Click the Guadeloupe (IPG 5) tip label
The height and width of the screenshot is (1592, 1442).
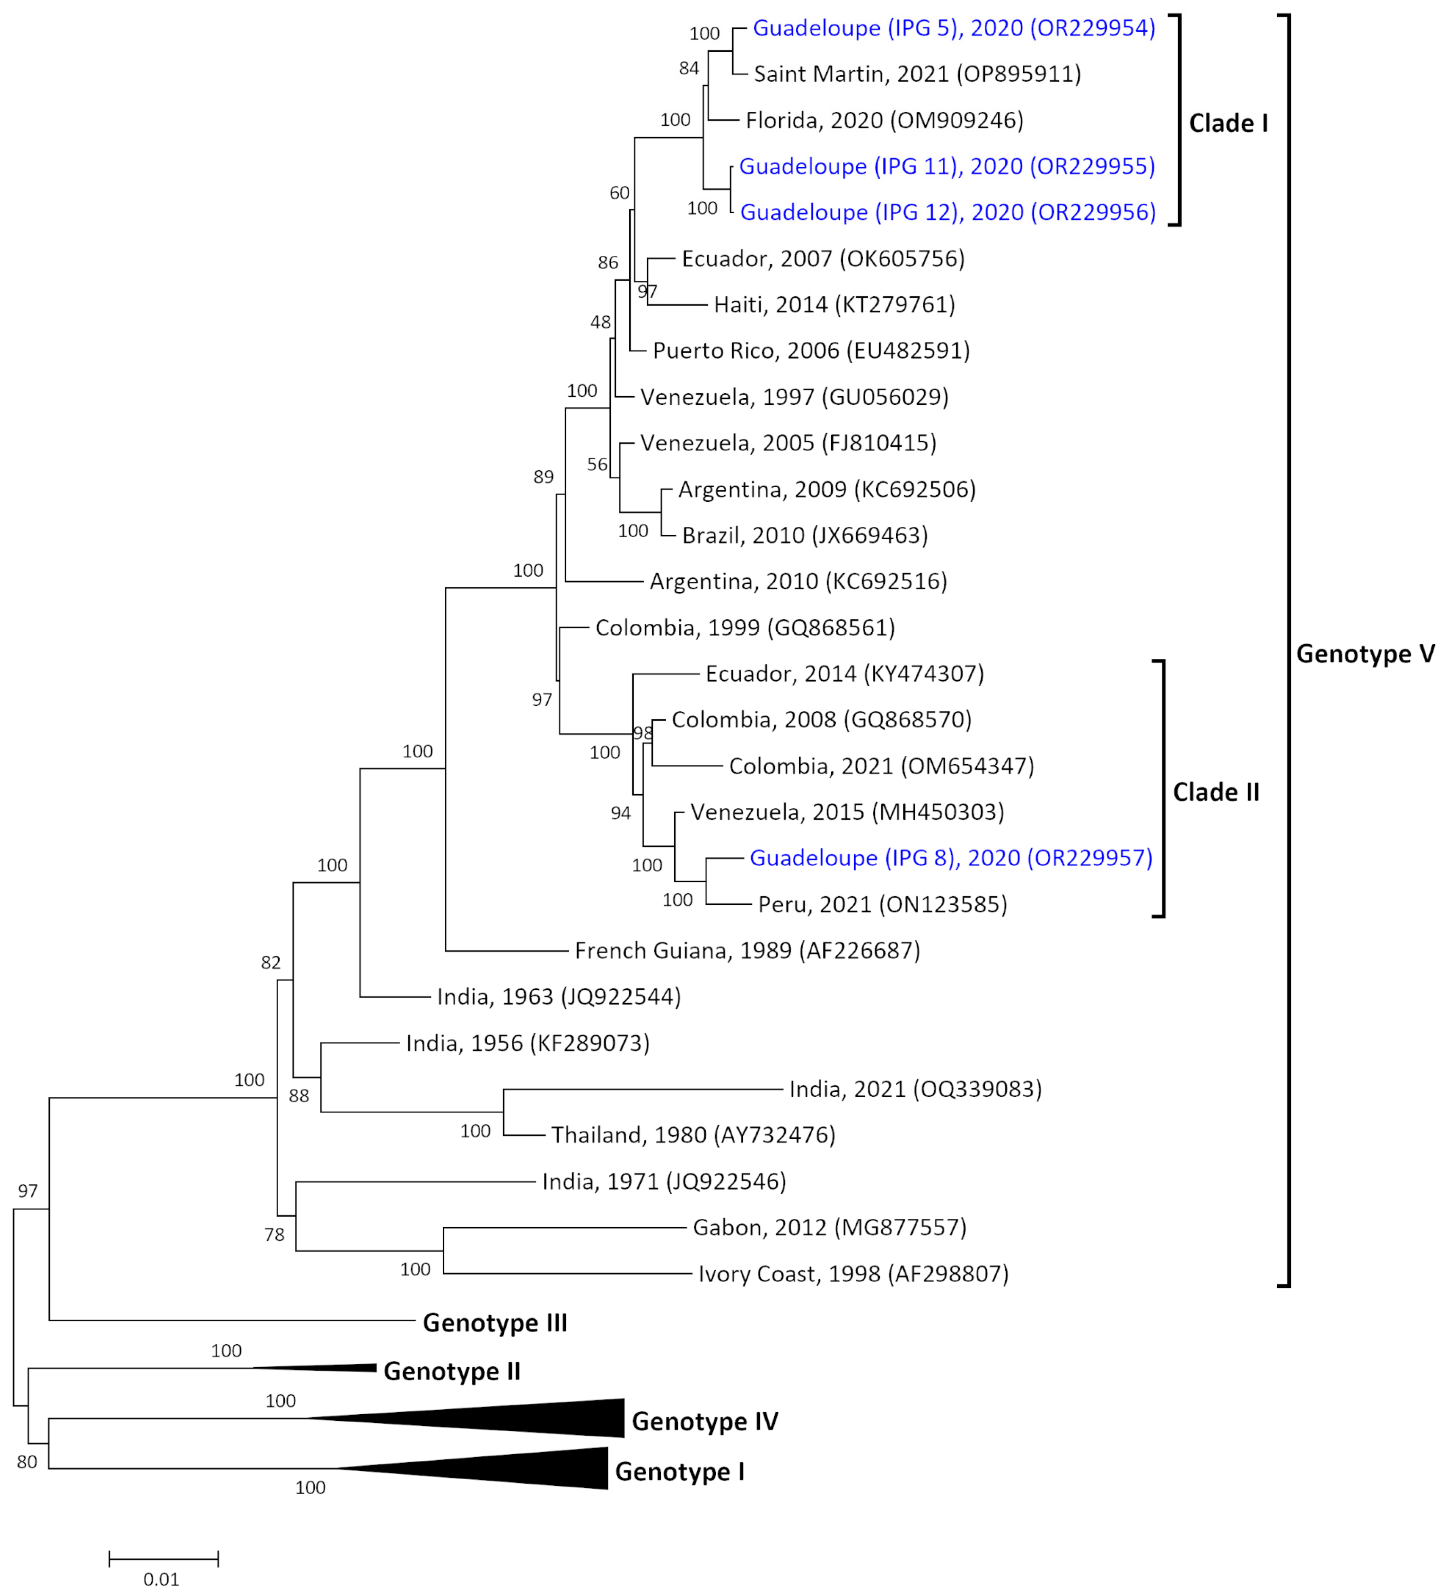953,28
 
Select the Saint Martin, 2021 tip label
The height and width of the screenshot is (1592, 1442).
917,74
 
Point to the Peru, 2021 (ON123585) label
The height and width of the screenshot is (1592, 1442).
882,905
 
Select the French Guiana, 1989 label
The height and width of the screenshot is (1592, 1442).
747,951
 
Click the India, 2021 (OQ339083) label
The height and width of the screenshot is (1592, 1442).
915,1090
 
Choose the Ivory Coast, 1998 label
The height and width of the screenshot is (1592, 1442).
853,1274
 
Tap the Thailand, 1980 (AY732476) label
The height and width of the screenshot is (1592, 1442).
693,1136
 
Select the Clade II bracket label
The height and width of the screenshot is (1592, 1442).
1215,792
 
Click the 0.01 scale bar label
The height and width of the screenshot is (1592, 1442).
161,1579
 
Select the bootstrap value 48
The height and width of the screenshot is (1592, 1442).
600,322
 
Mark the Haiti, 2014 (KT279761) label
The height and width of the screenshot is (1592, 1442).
834,305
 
